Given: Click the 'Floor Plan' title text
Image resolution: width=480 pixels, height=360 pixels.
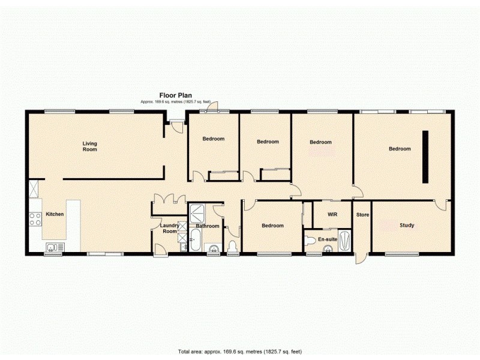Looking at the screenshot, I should (175, 95).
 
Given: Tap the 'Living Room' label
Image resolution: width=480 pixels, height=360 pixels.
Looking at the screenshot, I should (89, 146).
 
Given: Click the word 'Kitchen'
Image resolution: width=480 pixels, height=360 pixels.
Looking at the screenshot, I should (55, 214).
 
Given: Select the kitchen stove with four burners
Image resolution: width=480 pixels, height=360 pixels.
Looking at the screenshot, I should (35, 218).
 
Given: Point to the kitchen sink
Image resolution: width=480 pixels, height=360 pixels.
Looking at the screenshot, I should (53, 246).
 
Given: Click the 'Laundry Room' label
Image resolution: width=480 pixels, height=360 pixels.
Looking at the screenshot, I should (169, 229).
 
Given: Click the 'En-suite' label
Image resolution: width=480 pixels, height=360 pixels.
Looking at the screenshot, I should (327, 239).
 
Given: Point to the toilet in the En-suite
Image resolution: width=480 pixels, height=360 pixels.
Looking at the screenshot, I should (310, 241).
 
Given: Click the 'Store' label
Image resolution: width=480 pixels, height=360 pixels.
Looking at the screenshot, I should (362, 214).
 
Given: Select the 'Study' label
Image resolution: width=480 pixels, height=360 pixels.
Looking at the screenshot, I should (407, 226).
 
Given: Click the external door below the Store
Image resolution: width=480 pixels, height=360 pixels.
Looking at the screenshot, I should (359, 258).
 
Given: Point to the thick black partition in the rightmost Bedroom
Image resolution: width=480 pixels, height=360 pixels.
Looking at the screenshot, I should (425, 157).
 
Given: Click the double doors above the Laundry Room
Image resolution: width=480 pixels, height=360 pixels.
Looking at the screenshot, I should (167, 199).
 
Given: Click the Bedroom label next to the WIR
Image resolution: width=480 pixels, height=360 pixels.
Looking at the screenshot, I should (272, 226).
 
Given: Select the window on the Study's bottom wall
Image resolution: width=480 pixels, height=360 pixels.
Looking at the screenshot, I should (401, 254).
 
